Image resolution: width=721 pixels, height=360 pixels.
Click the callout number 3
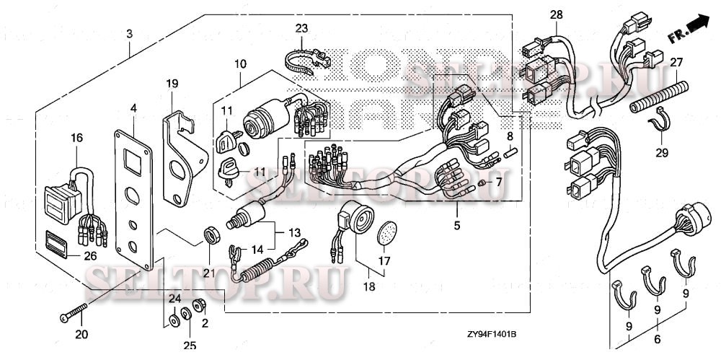click(129, 33)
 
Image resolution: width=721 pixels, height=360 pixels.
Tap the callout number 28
click(555, 14)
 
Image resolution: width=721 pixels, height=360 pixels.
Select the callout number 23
click(301, 28)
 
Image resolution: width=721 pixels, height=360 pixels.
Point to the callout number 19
click(172, 84)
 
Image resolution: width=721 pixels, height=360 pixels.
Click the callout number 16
click(77, 138)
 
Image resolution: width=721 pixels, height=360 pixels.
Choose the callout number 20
click(81, 334)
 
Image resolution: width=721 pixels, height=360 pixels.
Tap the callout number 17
click(384, 260)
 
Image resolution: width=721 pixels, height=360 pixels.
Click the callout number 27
click(676, 63)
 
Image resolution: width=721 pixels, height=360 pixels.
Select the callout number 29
click(661, 153)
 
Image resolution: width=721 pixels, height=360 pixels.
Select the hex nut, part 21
click(210, 234)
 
